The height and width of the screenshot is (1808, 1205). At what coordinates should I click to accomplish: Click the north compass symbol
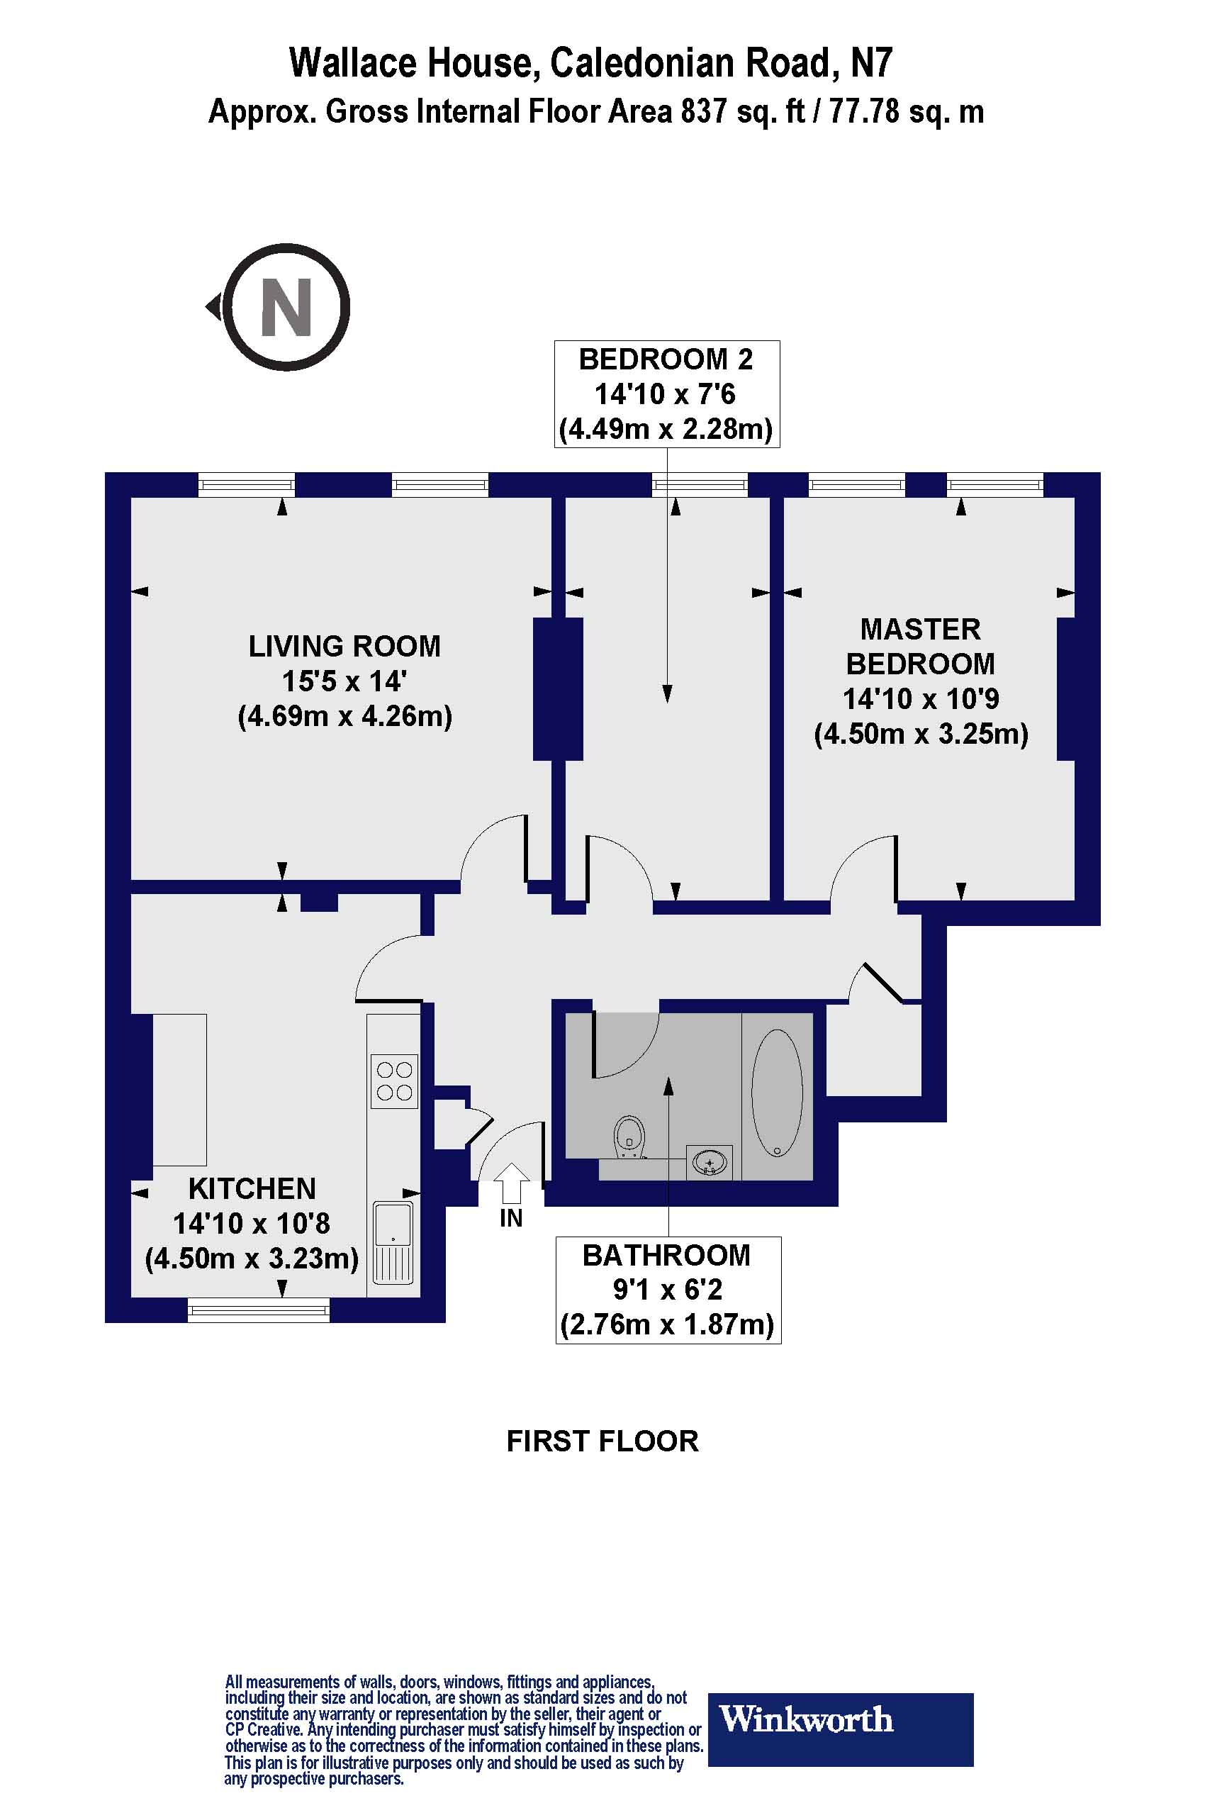click(286, 307)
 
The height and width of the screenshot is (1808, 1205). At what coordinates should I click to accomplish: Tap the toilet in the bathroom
click(629, 1137)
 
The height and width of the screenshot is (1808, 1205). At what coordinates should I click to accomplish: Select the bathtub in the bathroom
click(777, 1093)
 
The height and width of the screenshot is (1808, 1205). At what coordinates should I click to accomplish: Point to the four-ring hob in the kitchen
click(394, 1081)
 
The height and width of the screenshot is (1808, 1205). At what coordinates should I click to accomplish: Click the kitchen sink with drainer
click(393, 1242)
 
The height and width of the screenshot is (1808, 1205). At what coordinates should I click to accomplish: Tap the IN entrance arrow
click(511, 1182)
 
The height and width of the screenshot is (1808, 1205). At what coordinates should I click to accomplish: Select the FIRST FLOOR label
click(602, 1441)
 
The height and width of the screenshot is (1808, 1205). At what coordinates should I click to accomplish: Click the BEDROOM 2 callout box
click(666, 394)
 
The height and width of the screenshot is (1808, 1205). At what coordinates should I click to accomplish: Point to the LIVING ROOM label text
click(344, 647)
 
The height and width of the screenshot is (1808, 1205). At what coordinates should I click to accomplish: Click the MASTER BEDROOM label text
click(920, 647)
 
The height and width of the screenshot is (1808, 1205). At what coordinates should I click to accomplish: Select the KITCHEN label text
click(252, 1188)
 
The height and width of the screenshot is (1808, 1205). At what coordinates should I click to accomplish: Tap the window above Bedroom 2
click(700, 484)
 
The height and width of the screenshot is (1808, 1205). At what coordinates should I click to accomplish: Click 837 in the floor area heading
click(704, 112)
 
